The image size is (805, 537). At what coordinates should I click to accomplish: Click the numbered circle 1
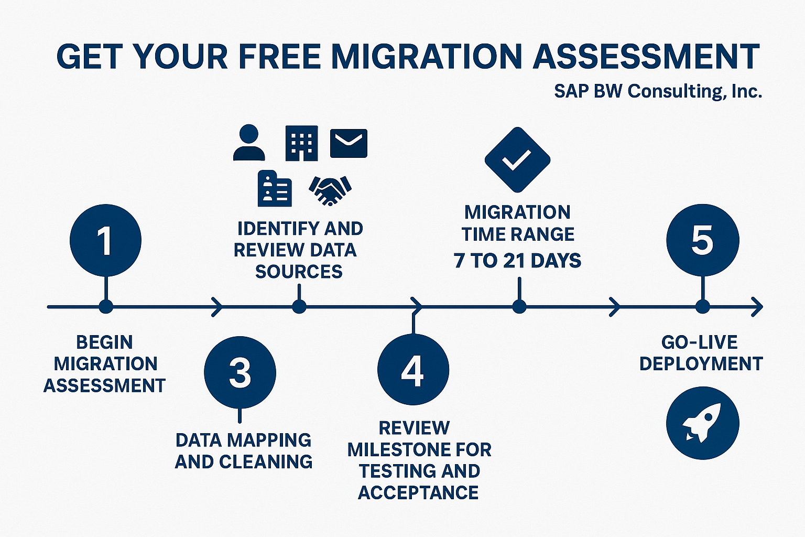(105, 240)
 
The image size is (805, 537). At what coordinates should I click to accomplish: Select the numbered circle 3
(240, 372)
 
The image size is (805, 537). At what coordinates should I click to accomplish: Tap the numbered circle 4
(413, 369)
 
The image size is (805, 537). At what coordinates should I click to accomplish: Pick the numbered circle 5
(702, 240)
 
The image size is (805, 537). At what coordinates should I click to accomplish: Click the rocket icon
(702, 423)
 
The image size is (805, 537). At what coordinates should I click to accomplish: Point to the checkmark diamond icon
(517, 159)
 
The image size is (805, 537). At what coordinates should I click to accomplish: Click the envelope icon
(349, 143)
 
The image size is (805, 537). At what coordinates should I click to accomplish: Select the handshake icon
(330, 189)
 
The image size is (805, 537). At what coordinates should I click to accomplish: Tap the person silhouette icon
(249, 143)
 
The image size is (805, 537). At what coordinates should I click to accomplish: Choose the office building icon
(301, 143)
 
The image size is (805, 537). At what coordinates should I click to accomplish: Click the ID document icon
(275, 189)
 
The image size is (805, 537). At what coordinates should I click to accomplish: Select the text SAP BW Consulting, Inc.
(658, 91)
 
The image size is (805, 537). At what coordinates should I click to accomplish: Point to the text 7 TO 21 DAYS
(517, 261)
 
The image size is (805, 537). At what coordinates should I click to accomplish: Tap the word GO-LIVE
(699, 342)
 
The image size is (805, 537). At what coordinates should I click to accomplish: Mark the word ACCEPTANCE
(418, 493)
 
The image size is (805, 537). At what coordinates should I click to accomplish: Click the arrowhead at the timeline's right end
(757, 307)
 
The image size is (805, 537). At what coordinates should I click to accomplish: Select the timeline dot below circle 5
(702, 307)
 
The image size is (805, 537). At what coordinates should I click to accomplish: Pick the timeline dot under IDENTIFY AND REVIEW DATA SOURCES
(299, 307)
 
